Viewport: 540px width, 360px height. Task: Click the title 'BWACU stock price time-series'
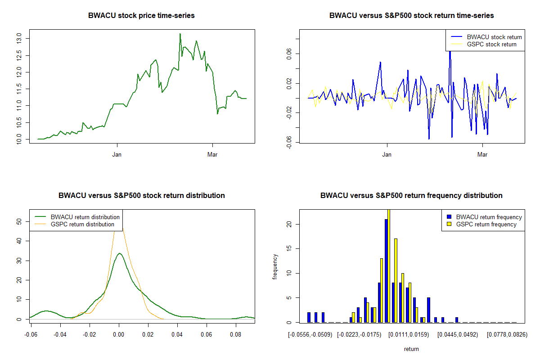pos(141,16)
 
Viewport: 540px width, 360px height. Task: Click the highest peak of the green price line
pos(180,34)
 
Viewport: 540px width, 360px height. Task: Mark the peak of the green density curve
pos(119,253)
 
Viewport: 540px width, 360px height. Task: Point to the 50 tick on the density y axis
pos(19,221)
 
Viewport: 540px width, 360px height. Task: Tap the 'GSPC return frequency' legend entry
pos(486,224)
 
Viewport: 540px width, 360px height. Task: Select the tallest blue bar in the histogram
pos(386,270)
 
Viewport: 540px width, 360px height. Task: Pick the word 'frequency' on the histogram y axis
pos(275,267)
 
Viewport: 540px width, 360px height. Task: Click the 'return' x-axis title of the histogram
pos(411,349)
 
